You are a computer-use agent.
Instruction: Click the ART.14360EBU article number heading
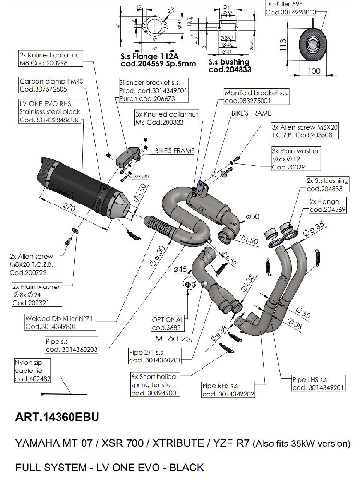pos(57,417)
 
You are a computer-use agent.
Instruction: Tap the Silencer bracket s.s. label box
pos(146,91)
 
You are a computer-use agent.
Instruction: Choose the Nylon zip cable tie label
pos(30,371)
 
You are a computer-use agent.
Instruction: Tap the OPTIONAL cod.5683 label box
pos(168,324)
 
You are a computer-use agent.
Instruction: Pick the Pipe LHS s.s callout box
pos(318,384)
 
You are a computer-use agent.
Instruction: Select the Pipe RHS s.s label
pos(228,390)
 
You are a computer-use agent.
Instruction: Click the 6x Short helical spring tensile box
pos(154,384)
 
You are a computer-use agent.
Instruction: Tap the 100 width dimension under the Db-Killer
pos(313,71)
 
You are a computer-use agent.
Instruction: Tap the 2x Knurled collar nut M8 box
pos(50,59)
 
